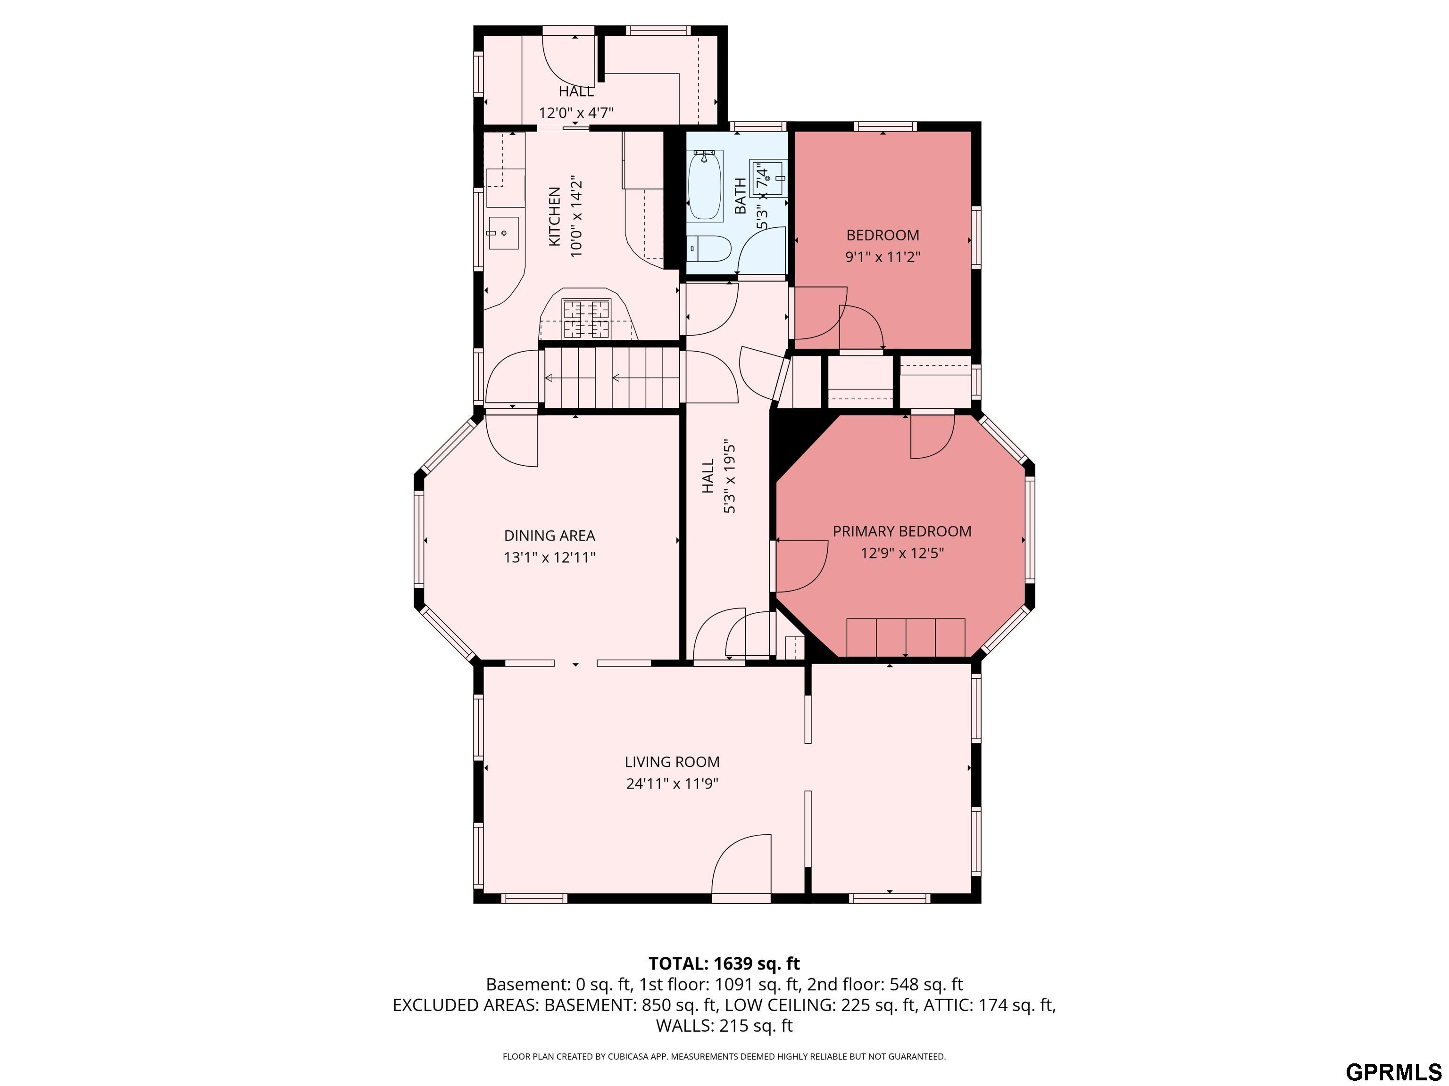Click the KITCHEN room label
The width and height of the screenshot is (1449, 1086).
[554, 217]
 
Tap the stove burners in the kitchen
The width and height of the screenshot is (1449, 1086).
[587, 319]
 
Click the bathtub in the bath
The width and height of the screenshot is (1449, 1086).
[706, 186]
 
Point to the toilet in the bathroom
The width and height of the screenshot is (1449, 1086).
[711, 249]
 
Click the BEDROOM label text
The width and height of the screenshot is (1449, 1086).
[883, 235]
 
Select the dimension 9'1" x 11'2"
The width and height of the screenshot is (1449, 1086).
[883, 256]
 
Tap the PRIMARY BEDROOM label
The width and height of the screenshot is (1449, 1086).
[901, 532]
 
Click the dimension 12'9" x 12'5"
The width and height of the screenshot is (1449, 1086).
[901, 553]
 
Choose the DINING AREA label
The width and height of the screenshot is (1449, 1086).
[549, 535]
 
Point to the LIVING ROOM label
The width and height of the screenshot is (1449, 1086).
[672, 762]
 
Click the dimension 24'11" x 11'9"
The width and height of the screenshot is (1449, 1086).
[672, 783]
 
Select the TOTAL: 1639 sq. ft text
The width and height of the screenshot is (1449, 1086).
[724, 963]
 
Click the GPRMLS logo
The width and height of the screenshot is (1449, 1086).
[1393, 1071]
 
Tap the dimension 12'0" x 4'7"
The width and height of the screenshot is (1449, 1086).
[576, 113]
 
